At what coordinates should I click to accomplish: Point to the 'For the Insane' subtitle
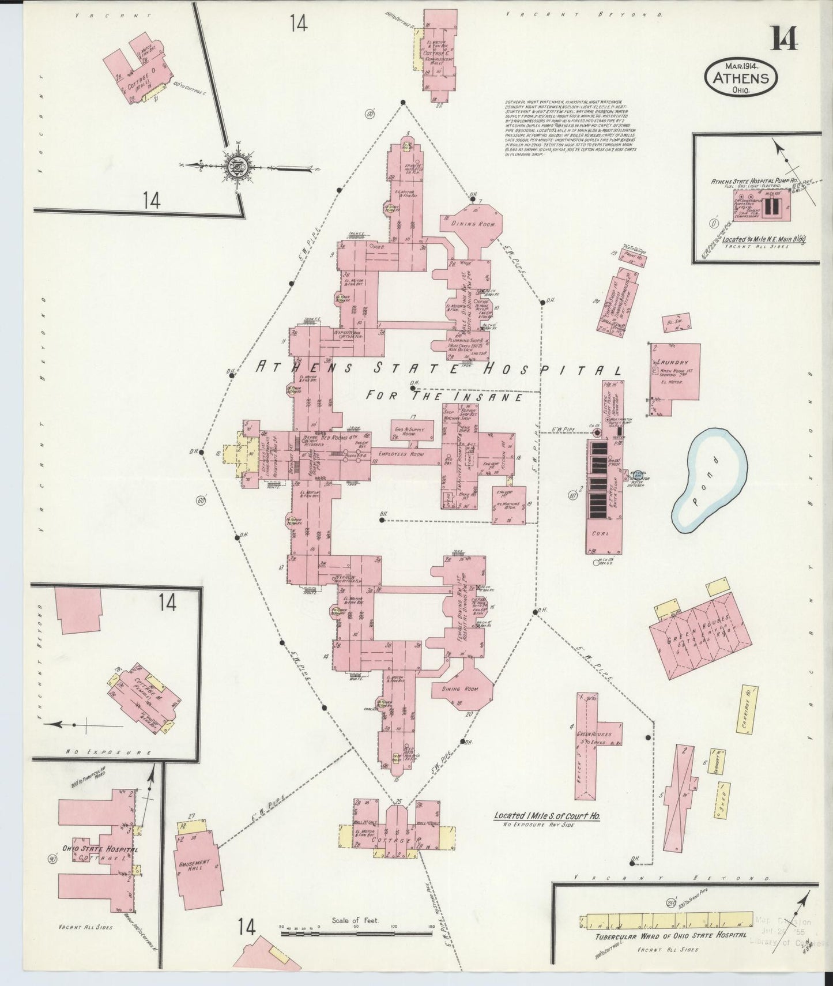coord(444,397)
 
